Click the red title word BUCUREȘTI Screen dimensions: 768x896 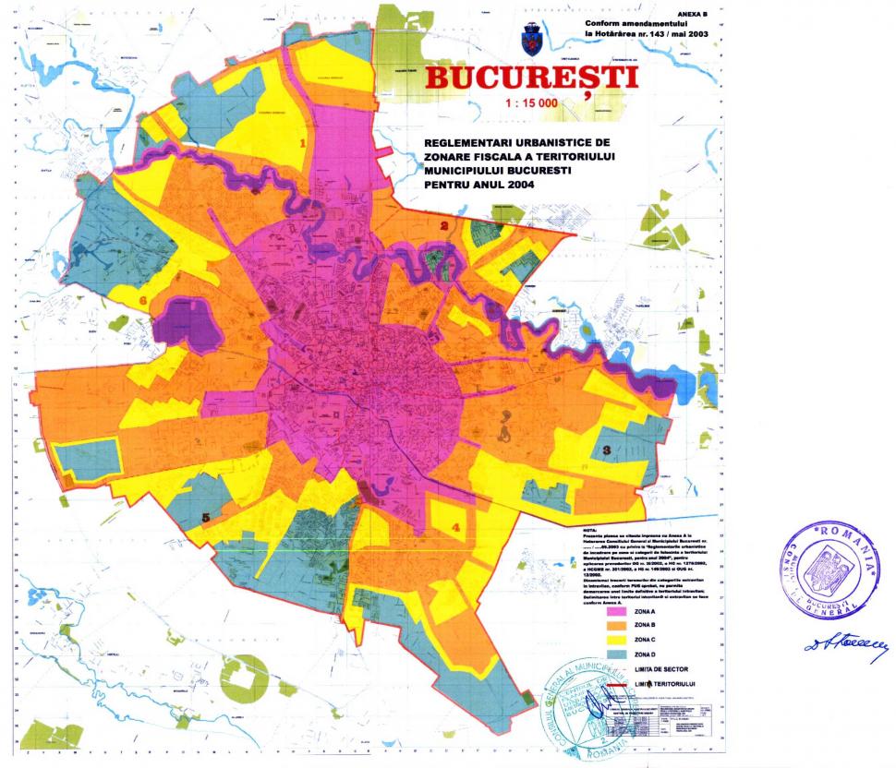click(531, 78)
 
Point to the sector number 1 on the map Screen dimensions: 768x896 click(303, 144)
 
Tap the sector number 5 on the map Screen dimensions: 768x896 click(206, 517)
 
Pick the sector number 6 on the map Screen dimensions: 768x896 click(143, 301)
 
